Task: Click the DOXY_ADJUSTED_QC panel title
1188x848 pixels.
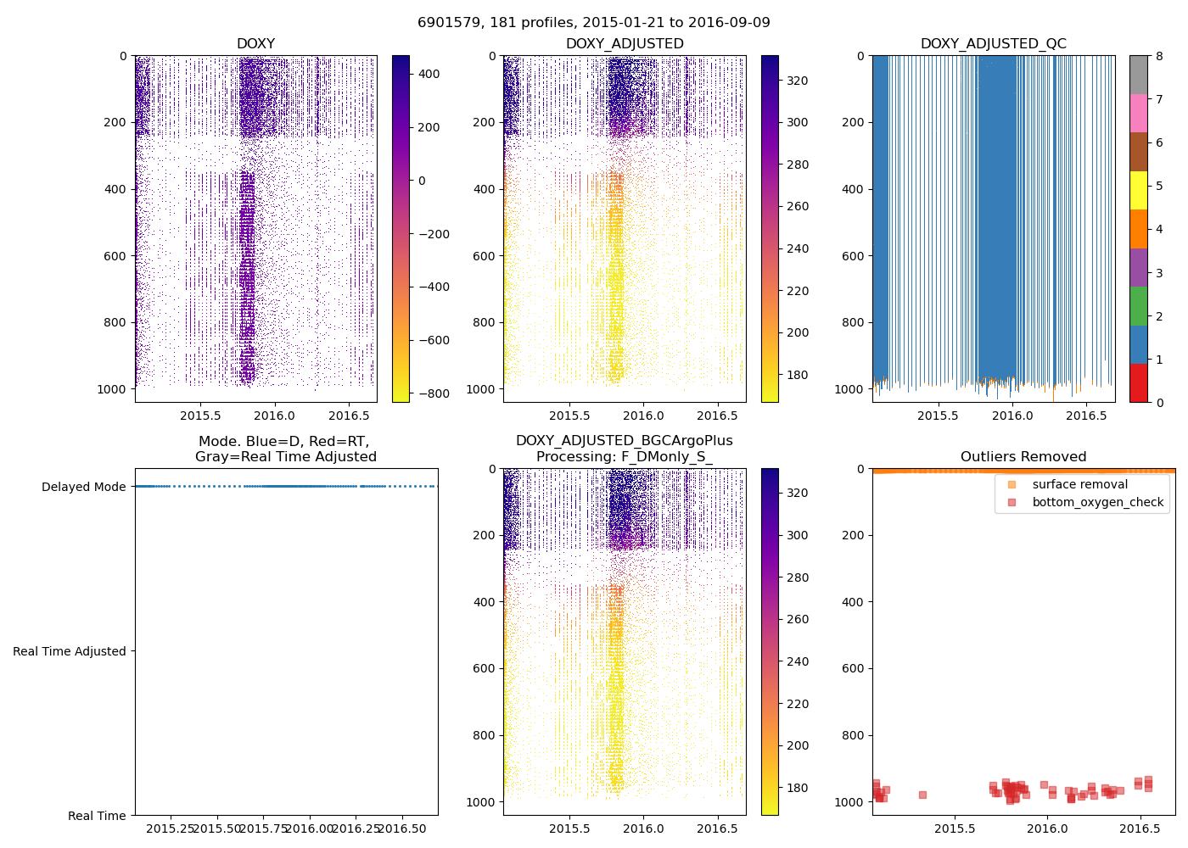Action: click(993, 44)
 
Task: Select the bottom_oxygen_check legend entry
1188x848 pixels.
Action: click(1097, 502)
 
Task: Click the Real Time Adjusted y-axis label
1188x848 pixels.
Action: click(69, 651)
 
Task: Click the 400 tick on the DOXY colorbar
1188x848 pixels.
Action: click(429, 74)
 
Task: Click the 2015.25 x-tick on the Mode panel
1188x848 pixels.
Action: click(171, 828)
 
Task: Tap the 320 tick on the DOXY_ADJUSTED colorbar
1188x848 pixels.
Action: click(798, 81)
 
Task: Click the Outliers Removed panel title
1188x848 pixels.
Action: click(1023, 457)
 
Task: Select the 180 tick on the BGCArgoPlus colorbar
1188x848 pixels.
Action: click(798, 788)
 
